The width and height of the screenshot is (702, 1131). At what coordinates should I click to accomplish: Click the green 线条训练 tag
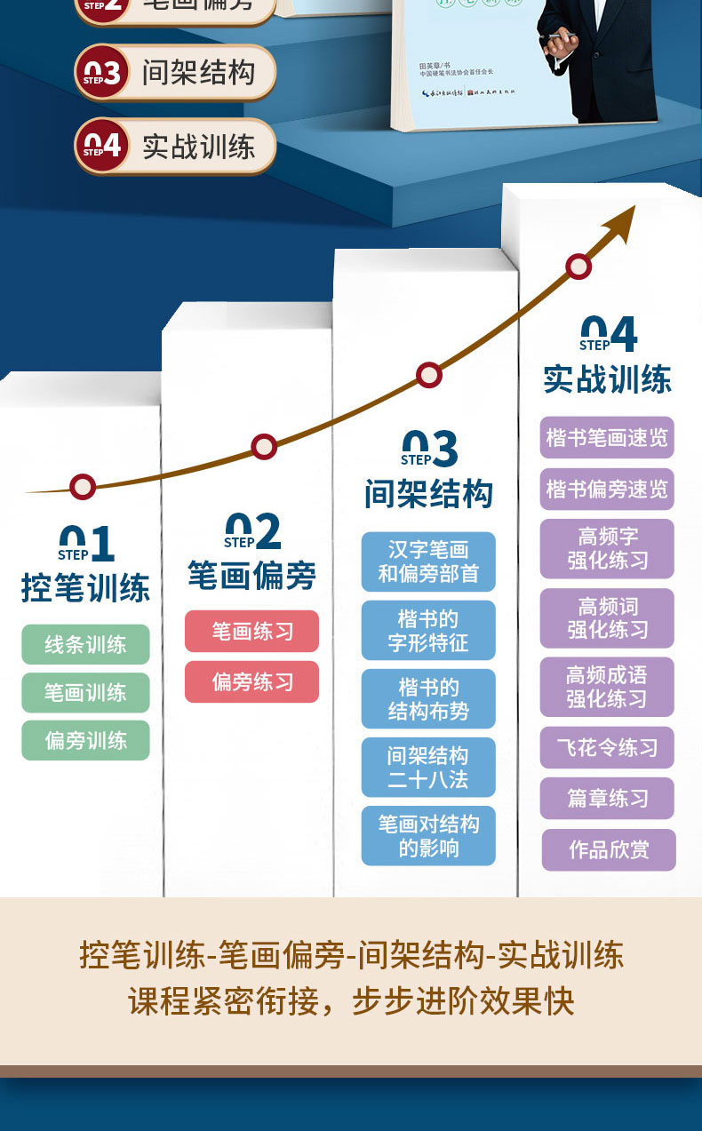[85, 644]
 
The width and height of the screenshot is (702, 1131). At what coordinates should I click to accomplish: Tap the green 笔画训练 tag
[85, 692]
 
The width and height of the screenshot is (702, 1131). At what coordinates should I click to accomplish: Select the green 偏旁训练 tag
[85, 740]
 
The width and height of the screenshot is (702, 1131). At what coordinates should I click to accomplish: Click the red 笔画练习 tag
[251, 631]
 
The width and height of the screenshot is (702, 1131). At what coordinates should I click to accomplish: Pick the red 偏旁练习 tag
[251, 682]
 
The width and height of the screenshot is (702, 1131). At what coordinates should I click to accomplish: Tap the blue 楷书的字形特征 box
[428, 630]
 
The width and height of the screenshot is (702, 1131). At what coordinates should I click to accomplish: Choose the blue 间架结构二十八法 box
[428, 767]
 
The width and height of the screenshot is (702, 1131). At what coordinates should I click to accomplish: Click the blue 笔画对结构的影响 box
[428, 835]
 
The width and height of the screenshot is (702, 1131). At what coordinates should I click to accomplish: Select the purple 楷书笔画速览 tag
[607, 437]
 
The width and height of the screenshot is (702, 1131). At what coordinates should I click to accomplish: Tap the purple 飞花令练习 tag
[607, 747]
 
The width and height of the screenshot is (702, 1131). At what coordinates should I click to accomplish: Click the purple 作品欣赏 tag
[609, 849]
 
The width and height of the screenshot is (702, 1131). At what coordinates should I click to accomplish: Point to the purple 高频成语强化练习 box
[607, 687]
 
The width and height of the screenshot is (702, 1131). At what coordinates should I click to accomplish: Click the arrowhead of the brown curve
[624, 219]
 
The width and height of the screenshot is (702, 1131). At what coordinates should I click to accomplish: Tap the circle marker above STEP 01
[83, 486]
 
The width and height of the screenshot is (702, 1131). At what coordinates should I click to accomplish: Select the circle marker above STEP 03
[429, 374]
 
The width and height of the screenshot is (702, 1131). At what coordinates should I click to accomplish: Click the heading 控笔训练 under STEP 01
[85, 588]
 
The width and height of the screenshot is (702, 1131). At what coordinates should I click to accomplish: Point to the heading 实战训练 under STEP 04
[607, 379]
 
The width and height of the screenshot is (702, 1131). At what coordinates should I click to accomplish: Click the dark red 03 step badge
[102, 73]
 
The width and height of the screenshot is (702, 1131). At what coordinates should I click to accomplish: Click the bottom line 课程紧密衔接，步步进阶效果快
[351, 1000]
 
